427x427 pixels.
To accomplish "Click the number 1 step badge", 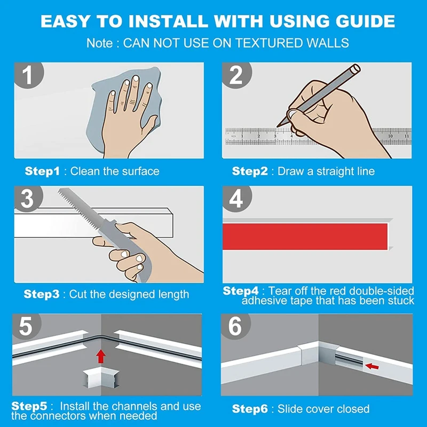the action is click(x=29, y=75).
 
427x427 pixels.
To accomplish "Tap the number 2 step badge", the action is click(x=236, y=75).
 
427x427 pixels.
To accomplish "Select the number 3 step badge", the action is click(x=28, y=199).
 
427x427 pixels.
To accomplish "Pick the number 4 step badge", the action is click(x=236, y=199).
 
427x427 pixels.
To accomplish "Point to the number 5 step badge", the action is click(x=26, y=326).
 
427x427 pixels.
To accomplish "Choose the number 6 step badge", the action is click(x=235, y=326).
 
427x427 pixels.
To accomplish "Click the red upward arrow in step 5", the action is click(x=101, y=356).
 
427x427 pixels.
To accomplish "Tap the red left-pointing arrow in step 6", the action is click(x=371, y=367).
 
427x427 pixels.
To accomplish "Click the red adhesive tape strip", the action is click(x=305, y=236).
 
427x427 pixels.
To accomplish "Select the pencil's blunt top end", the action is click(x=355, y=69).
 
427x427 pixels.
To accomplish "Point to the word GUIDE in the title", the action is click(x=365, y=21).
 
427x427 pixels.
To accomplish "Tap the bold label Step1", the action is click(x=42, y=171).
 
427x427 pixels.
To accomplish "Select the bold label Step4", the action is click(x=241, y=291).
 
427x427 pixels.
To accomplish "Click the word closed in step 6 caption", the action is click(x=353, y=409).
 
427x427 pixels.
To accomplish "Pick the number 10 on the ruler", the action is click(x=390, y=136).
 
